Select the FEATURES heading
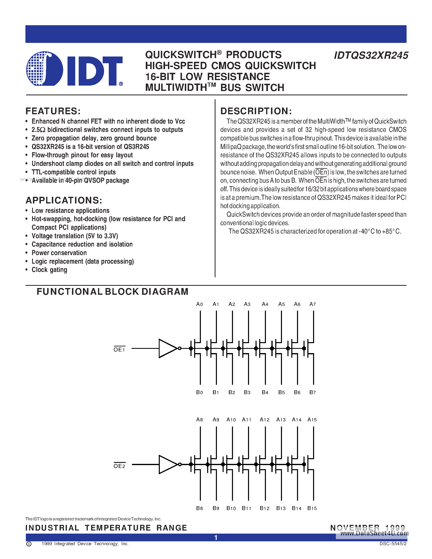click(x=53, y=111)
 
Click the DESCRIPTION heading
click(x=256, y=111)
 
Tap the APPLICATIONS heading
click(x=64, y=200)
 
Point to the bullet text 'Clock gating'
click(x=49, y=270)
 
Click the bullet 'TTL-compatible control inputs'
click(x=74, y=172)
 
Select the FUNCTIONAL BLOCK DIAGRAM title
click(x=112, y=291)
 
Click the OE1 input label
click(x=119, y=349)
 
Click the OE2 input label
click(x=119, y=466)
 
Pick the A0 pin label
click(x=199, y=304)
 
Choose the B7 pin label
click(x=312, y=392)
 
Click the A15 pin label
click(x=312, y=420)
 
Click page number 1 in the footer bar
click(x=216, y=537)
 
